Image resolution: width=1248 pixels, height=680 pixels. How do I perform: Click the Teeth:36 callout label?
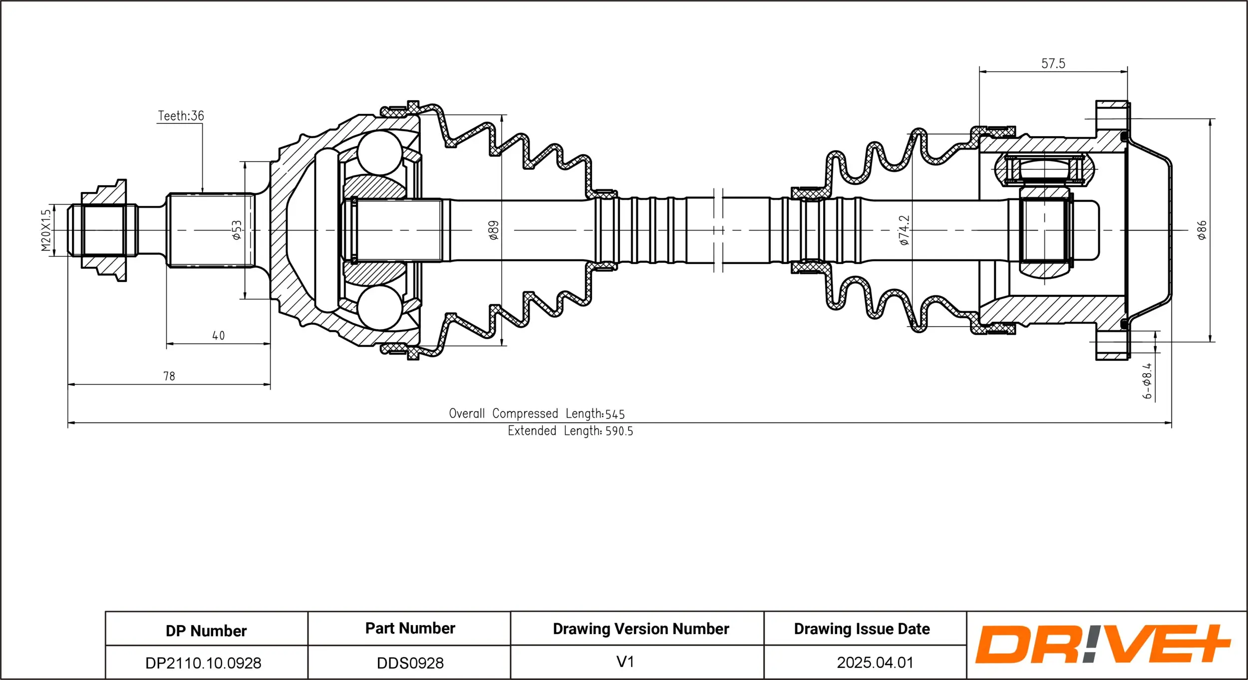coord(181,116)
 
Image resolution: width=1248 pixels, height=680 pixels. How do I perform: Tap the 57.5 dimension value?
coord(1053,64)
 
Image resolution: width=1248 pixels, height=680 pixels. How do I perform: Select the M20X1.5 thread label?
coord(46,230)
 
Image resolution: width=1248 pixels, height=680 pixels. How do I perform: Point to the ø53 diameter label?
coord(237,230)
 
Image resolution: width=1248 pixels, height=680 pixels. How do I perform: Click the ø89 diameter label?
coord(494,230)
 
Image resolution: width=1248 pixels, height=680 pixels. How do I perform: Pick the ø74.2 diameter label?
coord(904,230)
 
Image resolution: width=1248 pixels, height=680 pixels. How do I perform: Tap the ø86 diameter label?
coord(1202,230)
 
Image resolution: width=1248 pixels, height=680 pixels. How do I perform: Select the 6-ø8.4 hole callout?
coord(1148,381)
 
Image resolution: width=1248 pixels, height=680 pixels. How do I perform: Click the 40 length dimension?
coord(219,336)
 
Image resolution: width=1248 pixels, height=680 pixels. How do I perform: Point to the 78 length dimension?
coord(169,376)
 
